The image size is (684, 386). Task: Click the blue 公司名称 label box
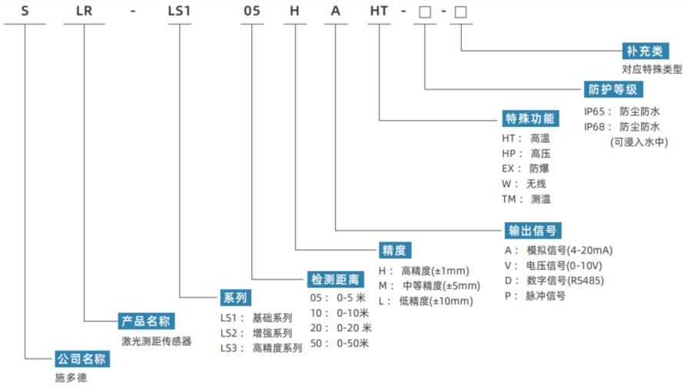tap(82, 359)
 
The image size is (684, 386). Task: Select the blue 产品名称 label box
tap(146, 321)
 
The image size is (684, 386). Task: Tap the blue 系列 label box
tap(236, 298)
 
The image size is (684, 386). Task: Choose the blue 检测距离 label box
tap(335, 279)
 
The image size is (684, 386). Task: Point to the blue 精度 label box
tap(394, 250)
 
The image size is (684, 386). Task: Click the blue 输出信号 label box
tap(533, 230)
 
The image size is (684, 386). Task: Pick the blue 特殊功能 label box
tap(530, 118)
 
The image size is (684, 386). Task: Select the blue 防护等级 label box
tap(613, 89)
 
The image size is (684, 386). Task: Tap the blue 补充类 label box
tap(645, 51)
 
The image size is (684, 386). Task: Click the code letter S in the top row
tap(25, 11)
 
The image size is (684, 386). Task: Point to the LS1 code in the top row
tap(179, 11)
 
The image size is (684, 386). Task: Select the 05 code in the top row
tap(252, 11)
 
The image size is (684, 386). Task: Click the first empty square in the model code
tap(425, 12)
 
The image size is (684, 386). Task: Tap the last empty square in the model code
tap(460, 12)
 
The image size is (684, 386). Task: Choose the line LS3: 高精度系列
tap(261, 348)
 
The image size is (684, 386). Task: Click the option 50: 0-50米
tap(340, 343)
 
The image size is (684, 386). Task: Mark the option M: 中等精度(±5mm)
tap(430, 285)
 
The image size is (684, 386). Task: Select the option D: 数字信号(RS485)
tap(554, 281)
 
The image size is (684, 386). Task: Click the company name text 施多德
tap(71, 378)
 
